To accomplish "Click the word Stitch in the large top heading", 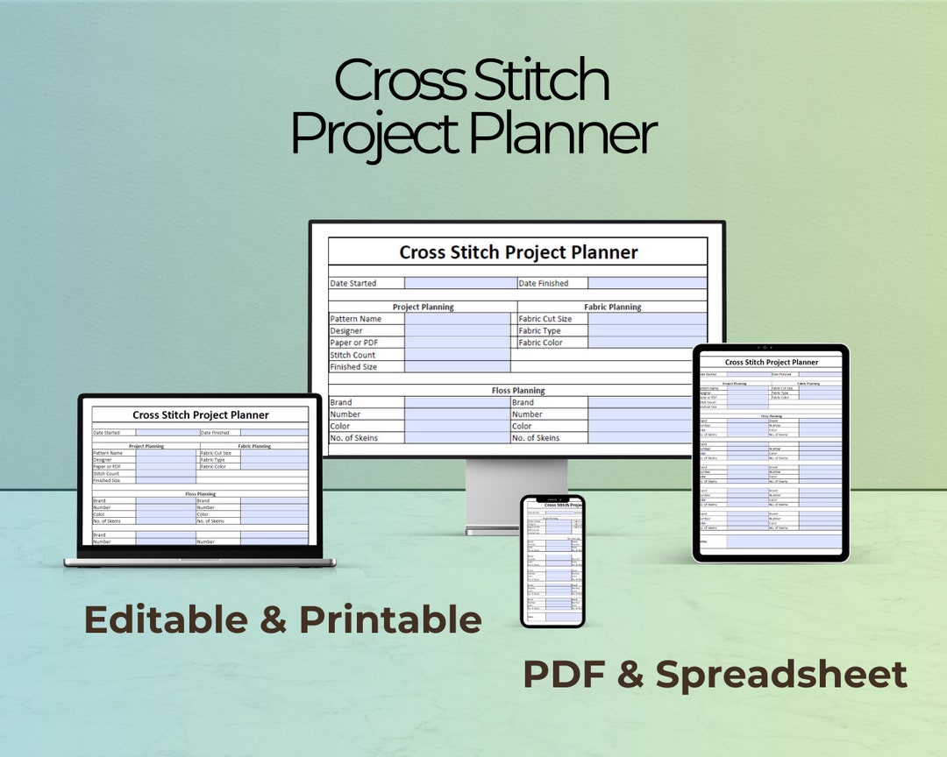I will coord(539,81).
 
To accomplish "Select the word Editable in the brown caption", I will coord(166,619).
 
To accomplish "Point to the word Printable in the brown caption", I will coord(390,619).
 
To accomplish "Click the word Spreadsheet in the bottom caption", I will coord(781,675).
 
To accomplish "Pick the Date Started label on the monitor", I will coord(353,284).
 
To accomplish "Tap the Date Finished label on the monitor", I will coord(543,284).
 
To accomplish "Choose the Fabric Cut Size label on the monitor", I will coord(545,319).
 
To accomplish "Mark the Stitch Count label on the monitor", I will coord(352,355).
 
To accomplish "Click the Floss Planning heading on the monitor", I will coord(517,391).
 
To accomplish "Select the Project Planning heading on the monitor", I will coord(423,308).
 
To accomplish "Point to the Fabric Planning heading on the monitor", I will coord(612,308).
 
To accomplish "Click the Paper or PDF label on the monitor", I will coord(355,343).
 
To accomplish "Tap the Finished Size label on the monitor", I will coord(353,367).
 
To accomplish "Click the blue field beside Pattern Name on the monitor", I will coord(457,319).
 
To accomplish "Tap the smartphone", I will coord(552,561).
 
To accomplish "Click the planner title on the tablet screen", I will coord(772,362).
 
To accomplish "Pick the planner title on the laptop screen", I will coord(201,415).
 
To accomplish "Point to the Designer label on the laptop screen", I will coord(103,460).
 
